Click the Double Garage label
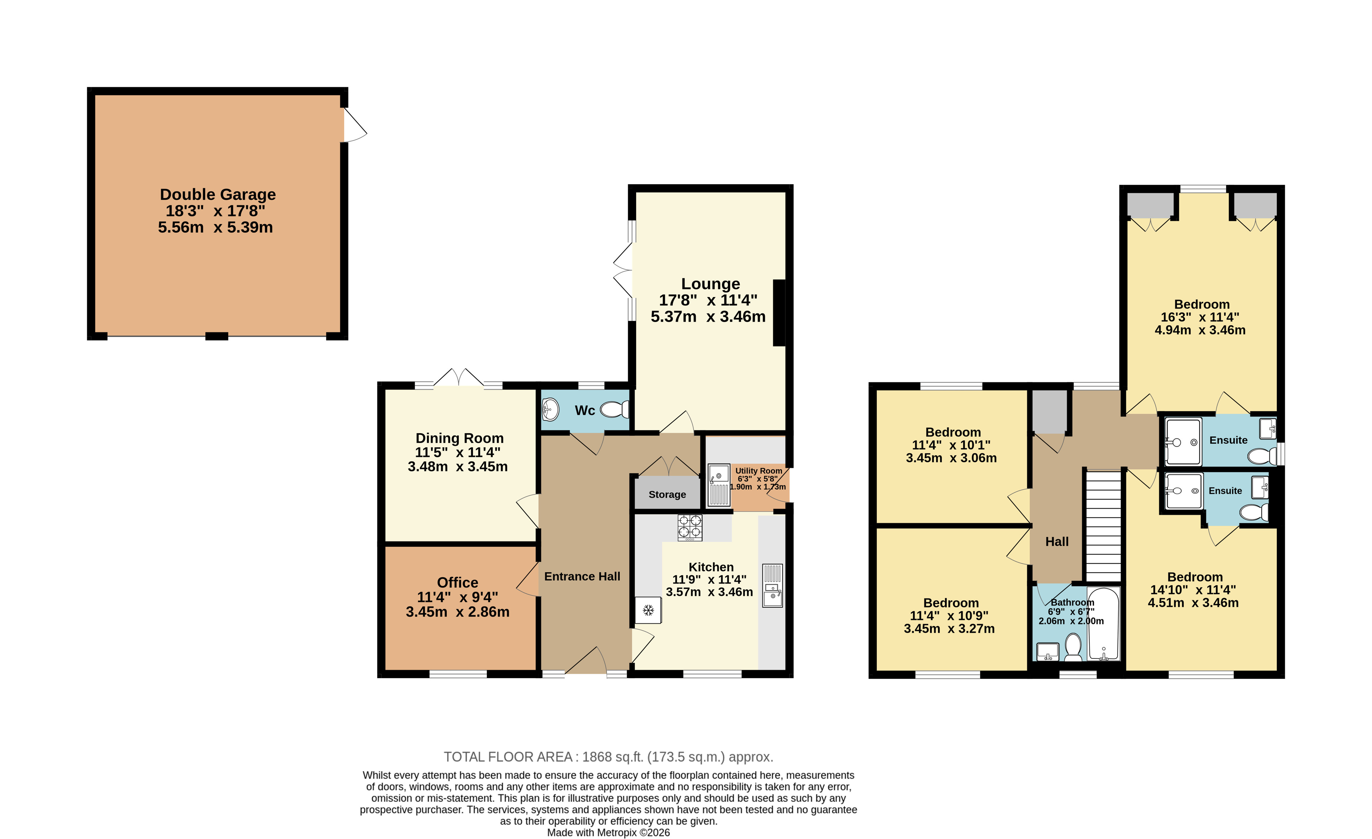tap(218, 194)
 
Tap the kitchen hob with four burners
tap(690, 527)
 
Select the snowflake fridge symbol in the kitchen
tap(648, 610)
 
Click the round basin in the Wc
tap(550, 410)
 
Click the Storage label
tap(667, 494)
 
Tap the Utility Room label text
tap(758, 470)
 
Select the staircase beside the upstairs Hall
tap(1103, 526)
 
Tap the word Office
tap(458, 582)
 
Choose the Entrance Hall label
tap(582, 576)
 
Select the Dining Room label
tap(460, 438)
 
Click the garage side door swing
tap(355, 125)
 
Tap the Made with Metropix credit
tap(608, 833)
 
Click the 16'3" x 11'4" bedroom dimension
tap(1200, 317)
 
